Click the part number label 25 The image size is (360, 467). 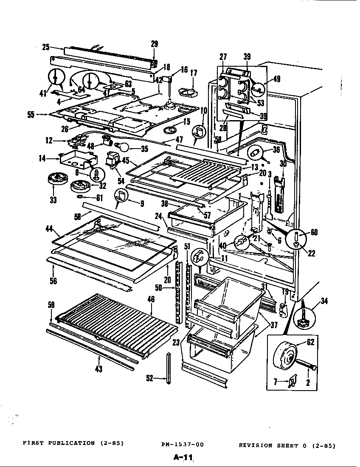point(45,47)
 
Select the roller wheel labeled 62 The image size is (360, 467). point(286,358)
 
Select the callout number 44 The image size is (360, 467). point(49,229)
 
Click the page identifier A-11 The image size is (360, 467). point(183,458)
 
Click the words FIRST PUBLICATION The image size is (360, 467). point(59,443)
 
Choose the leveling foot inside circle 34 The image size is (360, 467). point(304,319)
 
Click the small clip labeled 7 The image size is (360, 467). point(292,383)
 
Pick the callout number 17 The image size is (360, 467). point(194,73)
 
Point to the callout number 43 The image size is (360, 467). point(99,369)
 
